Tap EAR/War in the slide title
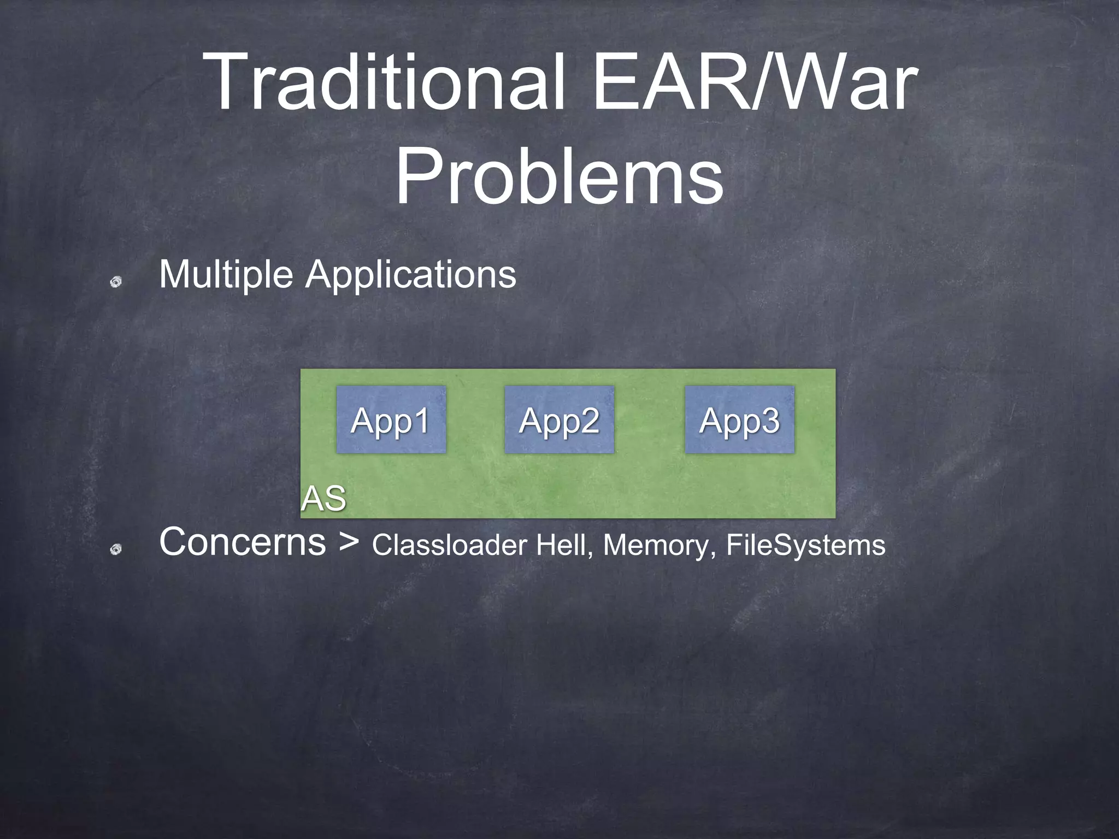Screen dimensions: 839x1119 point(755,82)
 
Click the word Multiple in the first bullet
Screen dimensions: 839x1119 point(226,275)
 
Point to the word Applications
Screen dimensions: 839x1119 point(410,275)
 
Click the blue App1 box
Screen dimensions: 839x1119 point(391,419)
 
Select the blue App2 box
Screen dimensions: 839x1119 point(559,419)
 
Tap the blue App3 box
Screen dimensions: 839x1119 point(739,419)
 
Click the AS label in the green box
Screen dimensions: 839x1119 point(323,499)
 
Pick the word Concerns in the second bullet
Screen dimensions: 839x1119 point(243,542)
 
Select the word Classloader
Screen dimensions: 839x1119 point(449,545)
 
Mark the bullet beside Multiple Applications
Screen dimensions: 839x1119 point(115,282)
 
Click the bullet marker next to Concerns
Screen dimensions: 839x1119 point(115,550)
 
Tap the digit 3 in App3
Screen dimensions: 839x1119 point(770,421)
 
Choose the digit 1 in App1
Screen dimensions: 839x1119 point(422,421)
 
